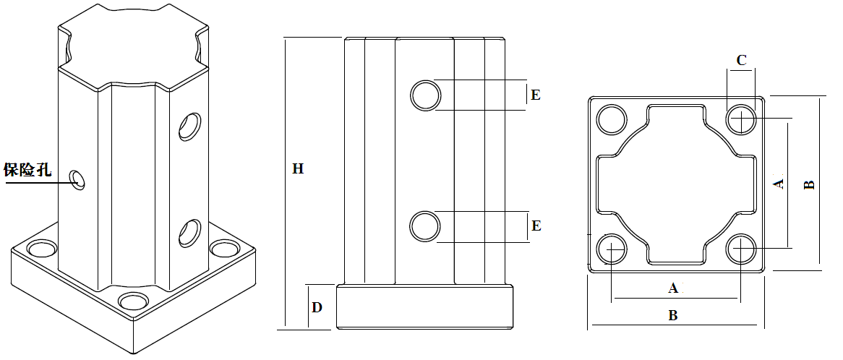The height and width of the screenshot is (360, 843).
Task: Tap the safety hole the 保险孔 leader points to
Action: pyautogui.click(x=77, y=179)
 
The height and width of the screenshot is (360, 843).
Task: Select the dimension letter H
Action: pyautogui.click(x=298, y=169)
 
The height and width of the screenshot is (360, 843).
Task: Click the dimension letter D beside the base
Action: pyautogui.click(x=317, y=307)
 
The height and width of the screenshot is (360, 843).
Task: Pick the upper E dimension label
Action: pyautogui.click(x=535, y=95)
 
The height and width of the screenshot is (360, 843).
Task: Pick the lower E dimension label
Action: pyautogui.click(x=536, y=226)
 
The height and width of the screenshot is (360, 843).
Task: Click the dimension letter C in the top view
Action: pyautogui.click(x=741, y=60)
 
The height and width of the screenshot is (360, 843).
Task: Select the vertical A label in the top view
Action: pyautogui.click(x=779, y=183)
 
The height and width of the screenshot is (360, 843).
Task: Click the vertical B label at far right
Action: pyautogui.click(x=810, y=184)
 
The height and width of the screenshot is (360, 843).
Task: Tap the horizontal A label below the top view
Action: pyautogui.click(x=673, y=288)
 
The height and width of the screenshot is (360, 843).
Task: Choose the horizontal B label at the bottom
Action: pyautogui.click(x=673, y=316)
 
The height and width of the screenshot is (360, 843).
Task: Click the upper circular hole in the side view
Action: pyautogui.click(x=426, y=95)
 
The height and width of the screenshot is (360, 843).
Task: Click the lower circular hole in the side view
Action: pyautogui.click(x=425, y=226)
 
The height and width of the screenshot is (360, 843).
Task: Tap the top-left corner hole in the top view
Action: pyautogui.click(x=612, y=119)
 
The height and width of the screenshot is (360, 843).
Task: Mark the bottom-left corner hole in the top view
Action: pyautogui.click(x=612, y=249)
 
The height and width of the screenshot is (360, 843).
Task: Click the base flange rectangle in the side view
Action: pyautogui.click(x=425, y=307)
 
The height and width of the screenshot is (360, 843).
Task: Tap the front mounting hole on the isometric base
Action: pyautogui.click(x=132, y=300)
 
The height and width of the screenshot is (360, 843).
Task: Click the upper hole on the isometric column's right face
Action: pyautogui.click(x=190, y=126)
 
